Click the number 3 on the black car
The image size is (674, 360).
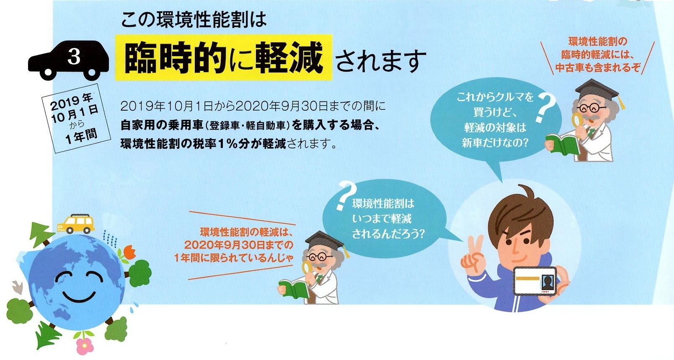tap(74, 56)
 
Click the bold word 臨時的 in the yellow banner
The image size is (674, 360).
tap(174, 58)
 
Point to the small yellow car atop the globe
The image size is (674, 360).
tap(76, 224)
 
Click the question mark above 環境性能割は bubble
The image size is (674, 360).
tap(346, 195)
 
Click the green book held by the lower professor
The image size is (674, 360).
tap(293, 289)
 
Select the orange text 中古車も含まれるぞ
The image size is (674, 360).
tap(598, 67)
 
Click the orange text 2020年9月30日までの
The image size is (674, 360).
tap(239, 245)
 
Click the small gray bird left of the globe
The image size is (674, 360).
tap(17, 287)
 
